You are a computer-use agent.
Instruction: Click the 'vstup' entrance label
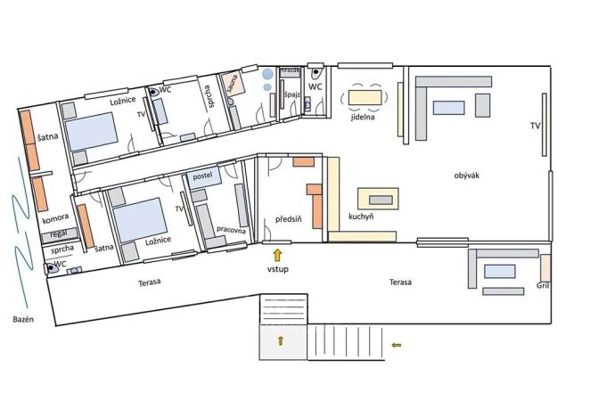[x=277, y=269]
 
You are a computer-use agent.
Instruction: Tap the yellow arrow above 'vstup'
[x=277, y=255]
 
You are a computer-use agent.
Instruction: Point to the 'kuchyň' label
[x=360, y=216]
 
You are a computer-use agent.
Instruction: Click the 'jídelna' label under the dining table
[x=362, y=116]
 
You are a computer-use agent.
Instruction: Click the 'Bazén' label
[x=22, y=320]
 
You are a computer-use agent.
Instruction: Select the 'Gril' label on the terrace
[x=544, y=286]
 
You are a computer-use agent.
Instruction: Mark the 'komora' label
[x=55, y=219]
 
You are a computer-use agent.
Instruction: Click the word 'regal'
[x=61, y=235]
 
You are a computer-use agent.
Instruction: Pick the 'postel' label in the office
[x=203, y=176]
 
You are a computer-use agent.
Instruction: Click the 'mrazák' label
[x=291, y=70]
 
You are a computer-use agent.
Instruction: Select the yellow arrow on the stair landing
[x=282, y=340]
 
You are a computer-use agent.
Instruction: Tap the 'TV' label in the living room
[x=534, y=126]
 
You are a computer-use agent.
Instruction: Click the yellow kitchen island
[x=378, y=198]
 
